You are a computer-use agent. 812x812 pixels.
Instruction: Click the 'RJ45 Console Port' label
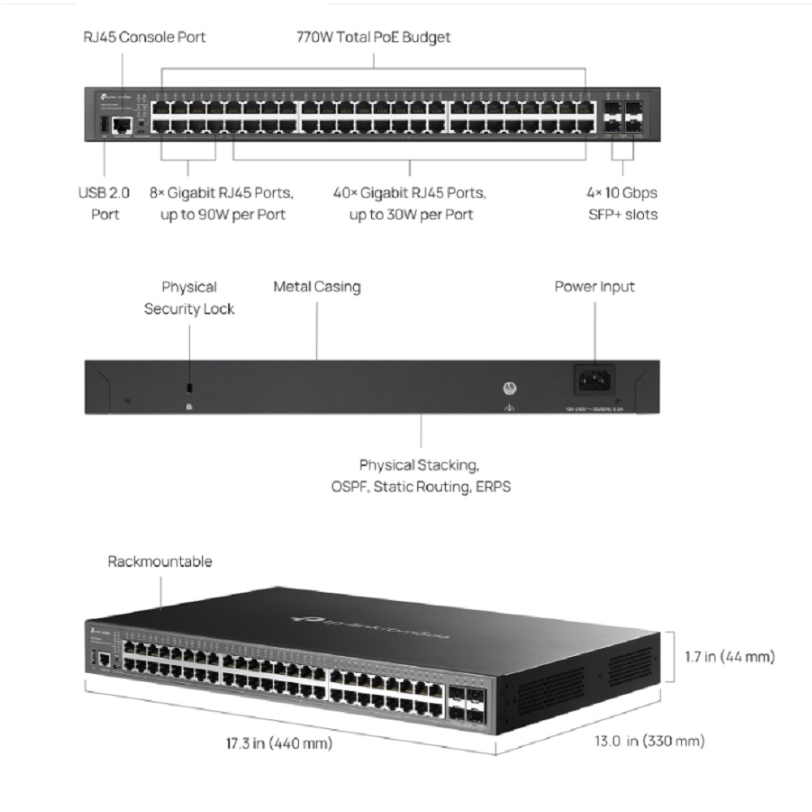(145, 37)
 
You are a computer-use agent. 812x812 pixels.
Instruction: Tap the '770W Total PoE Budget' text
(373, 37)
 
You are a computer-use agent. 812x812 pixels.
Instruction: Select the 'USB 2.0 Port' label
(104, 204)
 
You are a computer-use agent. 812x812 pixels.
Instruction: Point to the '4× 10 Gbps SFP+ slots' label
(623, 204)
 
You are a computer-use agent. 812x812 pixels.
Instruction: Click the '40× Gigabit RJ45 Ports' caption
(410, 204)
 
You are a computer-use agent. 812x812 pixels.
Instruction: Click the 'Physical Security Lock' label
(189, 297)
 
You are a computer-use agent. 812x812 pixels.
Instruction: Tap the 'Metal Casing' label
(317, 287)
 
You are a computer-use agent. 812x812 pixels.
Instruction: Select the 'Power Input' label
(594, 287)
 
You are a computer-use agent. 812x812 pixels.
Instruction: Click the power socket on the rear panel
(594, 379)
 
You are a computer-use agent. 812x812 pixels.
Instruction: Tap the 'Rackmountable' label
(159, 561)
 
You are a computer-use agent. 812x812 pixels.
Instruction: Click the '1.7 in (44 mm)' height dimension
(726, 656)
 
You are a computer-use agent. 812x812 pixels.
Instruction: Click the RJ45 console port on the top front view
(123, 124)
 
